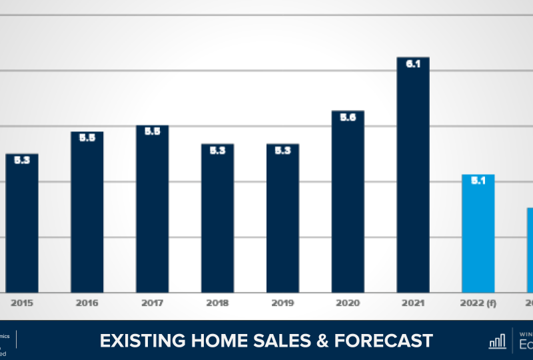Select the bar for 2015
(22, 223)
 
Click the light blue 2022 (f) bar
(478, 233)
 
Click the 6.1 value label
(413, 63)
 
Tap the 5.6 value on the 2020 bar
(348, 117)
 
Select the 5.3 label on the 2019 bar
(283, 151)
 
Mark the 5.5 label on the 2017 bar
(153, 131)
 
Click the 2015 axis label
(22, 303)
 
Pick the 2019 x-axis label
(283, 303)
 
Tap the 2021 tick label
(413, 303)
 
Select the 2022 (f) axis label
(478, 303)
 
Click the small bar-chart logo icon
(497, 341)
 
